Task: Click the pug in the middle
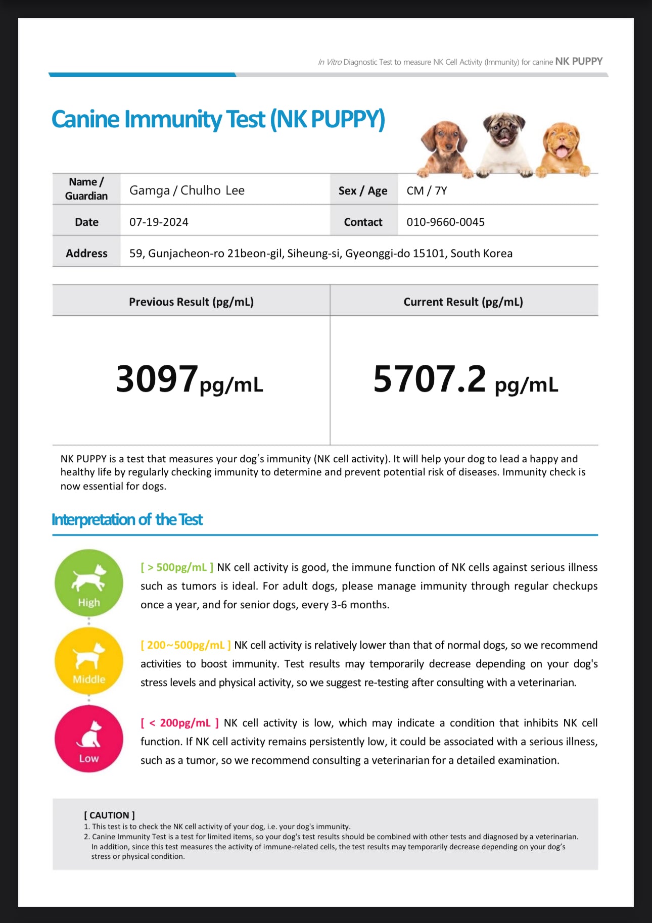(504, 144)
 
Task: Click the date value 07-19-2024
(159, 222)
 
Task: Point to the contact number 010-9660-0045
(445, 222)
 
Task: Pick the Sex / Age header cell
(363, 190)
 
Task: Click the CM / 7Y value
(427, 190)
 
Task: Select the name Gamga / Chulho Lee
(187, 190)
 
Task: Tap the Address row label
(86, 253)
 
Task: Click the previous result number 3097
(157, 379)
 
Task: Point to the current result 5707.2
(430, 379)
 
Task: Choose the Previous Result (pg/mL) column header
(191, 302)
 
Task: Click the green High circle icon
(89, 583)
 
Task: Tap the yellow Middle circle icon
(89, 661)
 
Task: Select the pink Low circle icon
(89, 739)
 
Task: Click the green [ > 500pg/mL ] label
(177, 567)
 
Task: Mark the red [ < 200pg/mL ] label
(179, 723)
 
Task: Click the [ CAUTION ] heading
(109, 815)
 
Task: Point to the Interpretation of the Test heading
(127, 519)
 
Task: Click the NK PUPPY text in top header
(579, 62)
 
